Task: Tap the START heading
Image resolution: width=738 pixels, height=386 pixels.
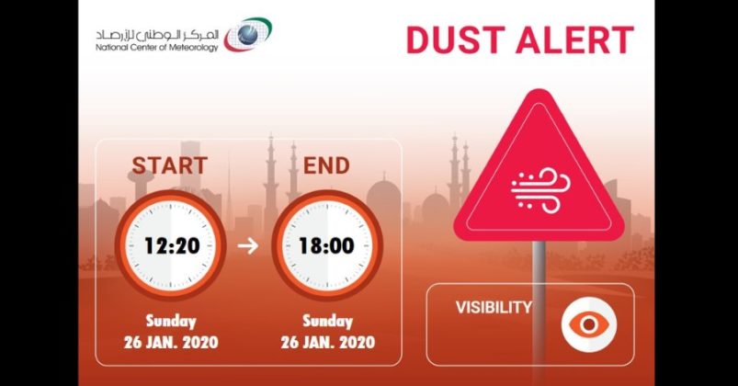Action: (169, 166)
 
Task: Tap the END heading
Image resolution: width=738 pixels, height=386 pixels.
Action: (326, 166)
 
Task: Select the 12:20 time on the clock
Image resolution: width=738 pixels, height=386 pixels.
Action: (171, 245)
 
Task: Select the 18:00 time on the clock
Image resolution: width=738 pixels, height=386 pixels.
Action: (327, 245)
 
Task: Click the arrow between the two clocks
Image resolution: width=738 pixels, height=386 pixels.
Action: (249, 246)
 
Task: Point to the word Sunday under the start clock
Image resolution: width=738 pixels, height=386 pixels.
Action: (171, 322)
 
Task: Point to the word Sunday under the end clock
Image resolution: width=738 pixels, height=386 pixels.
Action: (327, 322)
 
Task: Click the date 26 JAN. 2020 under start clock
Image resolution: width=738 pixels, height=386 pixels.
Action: (171, 343)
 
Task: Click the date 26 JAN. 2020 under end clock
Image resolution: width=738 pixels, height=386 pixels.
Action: (327, 343)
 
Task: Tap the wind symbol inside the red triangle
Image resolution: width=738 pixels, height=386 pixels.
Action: (538, 187)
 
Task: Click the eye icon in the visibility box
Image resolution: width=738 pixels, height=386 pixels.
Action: (588, 324)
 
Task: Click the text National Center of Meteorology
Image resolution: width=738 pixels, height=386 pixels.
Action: (156, 48)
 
